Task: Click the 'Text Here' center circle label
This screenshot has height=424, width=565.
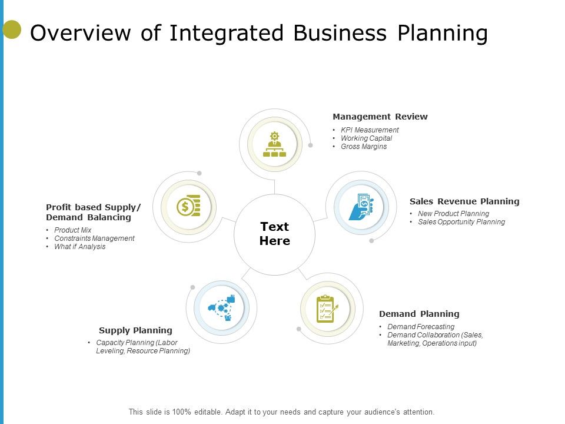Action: [274, 234]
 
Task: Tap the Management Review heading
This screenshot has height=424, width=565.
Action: [380, 117]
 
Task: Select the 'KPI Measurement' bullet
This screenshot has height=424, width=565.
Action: [370, 130]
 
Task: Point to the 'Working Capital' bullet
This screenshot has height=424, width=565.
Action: [366, 138]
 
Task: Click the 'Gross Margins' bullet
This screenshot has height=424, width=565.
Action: [364, 147]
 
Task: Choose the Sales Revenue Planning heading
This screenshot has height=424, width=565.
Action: [464, 201]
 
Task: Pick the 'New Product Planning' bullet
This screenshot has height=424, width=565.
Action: [453, 214]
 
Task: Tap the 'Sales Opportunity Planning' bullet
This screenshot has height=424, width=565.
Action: [461, 222]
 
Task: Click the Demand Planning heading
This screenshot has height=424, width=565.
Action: [419, 314]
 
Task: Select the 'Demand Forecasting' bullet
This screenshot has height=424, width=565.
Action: [421, 327]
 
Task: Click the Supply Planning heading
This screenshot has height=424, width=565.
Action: [135, 330]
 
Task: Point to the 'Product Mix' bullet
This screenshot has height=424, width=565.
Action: [73, 230]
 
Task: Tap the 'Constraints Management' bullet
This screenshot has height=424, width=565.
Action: [94, 238]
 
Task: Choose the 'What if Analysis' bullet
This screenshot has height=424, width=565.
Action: [80, 247]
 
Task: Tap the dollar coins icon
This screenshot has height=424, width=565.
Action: [188, 206]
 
